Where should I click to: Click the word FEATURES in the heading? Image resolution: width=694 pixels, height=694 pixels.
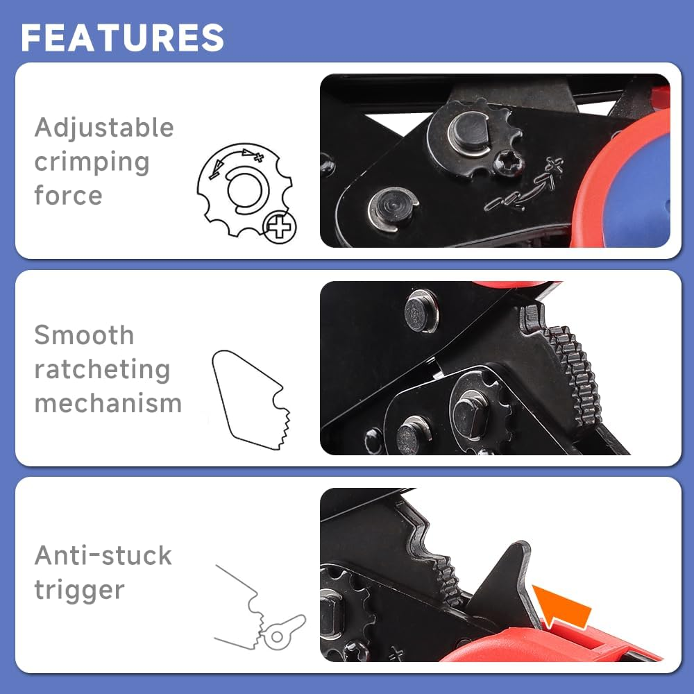point(122,37)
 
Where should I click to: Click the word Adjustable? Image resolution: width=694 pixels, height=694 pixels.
point(104,128)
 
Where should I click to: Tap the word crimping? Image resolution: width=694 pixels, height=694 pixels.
point(92,162)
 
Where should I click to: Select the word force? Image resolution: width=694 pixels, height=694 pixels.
point(68,195)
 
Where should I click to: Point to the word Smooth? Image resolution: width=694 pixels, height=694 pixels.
point(84,335)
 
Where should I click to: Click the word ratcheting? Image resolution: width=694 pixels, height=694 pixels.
point(102,370)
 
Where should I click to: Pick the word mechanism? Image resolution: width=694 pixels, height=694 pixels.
point(108,403)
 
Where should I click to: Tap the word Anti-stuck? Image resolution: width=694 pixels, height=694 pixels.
point(103,555)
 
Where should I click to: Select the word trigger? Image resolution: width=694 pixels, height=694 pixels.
point(80,590)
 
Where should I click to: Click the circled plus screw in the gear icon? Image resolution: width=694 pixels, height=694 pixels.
point(279,227)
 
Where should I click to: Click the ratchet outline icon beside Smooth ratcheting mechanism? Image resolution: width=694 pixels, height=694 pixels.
point(251,400)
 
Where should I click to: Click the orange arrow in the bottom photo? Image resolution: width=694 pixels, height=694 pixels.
point(561,605)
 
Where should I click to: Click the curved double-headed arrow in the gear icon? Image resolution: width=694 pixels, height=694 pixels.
point(234,160)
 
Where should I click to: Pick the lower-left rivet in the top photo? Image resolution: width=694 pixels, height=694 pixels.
point(392,209)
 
